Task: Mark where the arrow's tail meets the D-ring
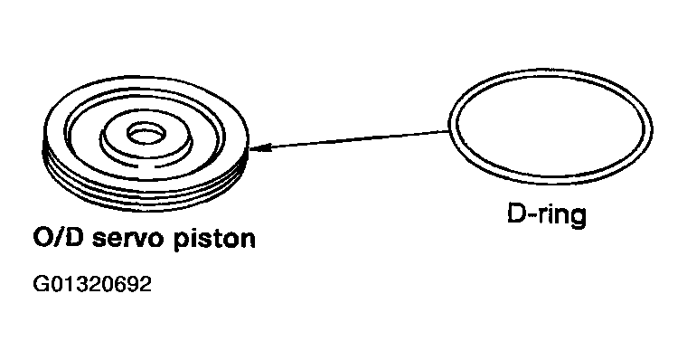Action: (449, 132)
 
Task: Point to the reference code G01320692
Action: (91, 287)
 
